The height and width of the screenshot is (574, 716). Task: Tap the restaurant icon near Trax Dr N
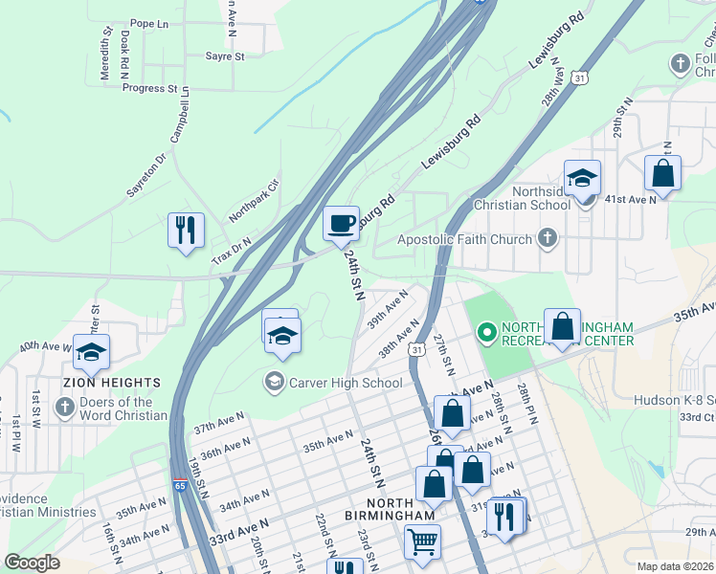[x=186, y=231]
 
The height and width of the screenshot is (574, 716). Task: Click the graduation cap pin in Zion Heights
[x=91, y=353]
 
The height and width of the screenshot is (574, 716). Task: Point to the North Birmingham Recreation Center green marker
[x=486, y=332]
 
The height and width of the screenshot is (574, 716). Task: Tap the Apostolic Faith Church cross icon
[x=547, y=237]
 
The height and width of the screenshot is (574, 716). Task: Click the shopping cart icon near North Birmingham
[x=422, y=542]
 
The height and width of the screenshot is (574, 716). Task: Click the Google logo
[x=32, y=563]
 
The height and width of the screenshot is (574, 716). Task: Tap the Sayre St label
[x=225, y=56]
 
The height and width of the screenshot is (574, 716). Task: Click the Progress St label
[x=149, y=88]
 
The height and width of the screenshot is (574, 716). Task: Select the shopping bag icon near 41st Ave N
[x=662, y=174]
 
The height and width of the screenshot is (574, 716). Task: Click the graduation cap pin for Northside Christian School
[x=581, y=179]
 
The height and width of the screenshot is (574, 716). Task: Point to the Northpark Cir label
[x=253, y=200]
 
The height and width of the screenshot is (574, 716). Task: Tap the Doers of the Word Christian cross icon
[x=64, y=408]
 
